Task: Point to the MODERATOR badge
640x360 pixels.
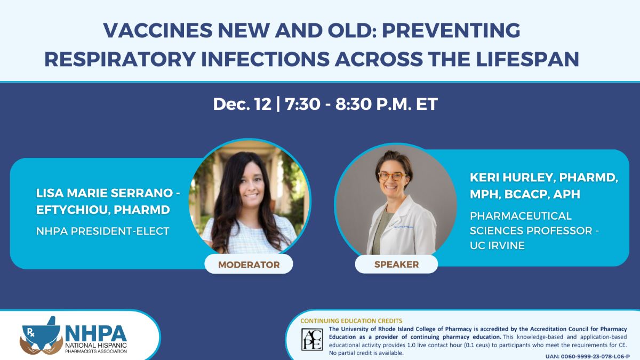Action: coord(249,265)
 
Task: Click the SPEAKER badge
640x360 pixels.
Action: coord(397,265)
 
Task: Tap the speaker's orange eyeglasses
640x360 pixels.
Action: coord(392,176)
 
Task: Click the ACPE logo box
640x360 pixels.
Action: coord(313,339)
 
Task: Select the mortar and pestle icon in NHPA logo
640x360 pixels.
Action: coord(42,334)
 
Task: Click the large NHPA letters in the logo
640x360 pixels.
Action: coord(96,334)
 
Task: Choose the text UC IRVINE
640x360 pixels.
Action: coord(497,245)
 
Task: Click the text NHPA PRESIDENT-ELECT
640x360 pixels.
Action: coord(103,231)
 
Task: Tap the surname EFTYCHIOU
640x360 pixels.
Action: coord(71,210)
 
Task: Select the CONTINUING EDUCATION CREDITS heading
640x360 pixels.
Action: coord(351,321)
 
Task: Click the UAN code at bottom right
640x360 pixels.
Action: coord(587,356)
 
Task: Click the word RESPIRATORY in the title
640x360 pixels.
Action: coord(120,59)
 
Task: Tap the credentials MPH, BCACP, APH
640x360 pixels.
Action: coord(525,194)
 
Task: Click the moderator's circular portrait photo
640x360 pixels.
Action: coord(250,197)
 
